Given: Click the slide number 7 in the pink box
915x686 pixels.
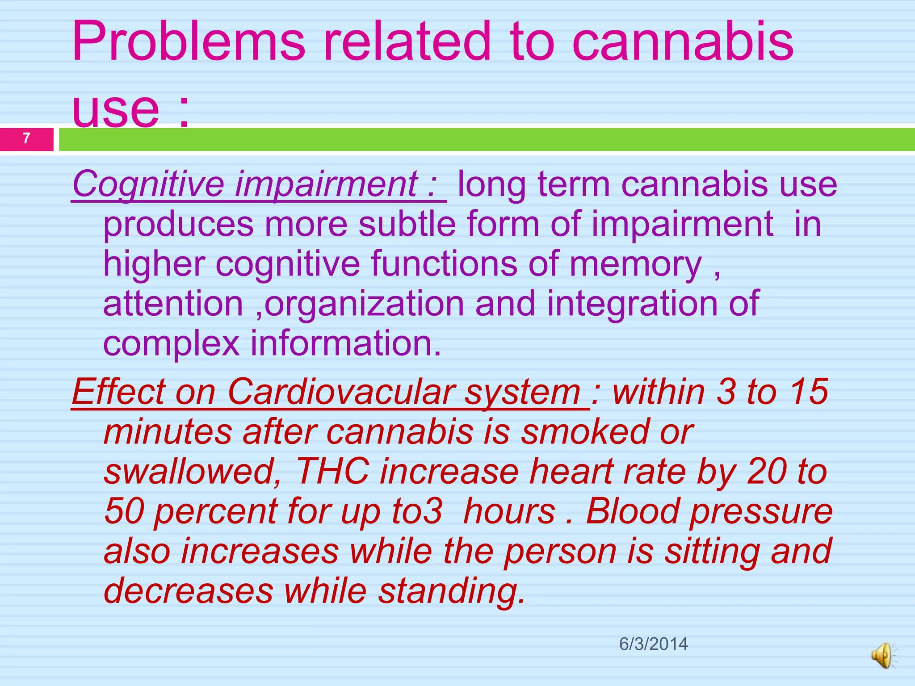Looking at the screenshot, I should [x=26, y=139].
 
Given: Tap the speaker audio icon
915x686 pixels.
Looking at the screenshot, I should [x=883, y=656].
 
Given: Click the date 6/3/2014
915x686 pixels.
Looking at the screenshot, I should [x=653, y=644].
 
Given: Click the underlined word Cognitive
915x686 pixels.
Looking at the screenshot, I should [x=148, y=184].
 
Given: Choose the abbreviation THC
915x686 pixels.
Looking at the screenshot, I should [x=332, y=472].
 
